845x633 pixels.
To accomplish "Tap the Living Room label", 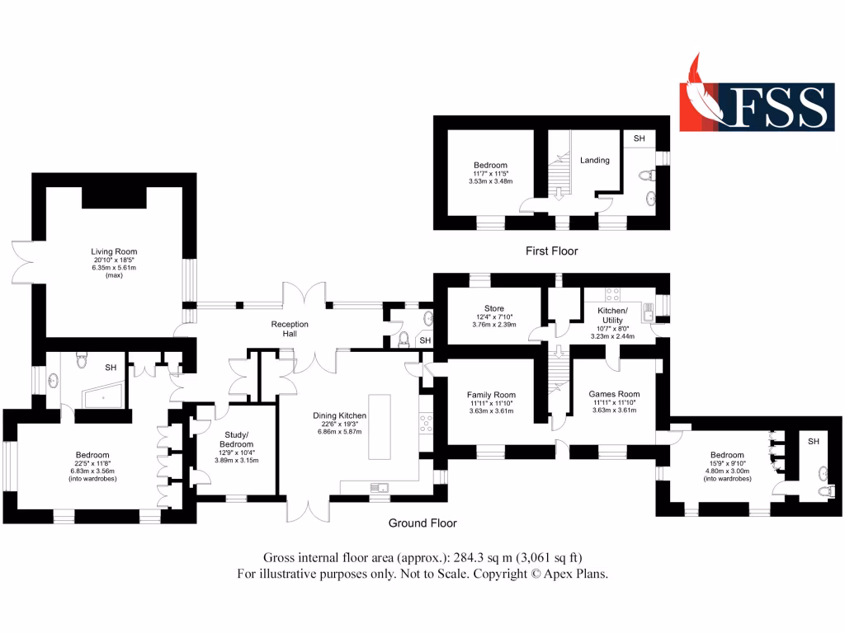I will [114, 251].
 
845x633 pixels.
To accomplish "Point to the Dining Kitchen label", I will [339, 416].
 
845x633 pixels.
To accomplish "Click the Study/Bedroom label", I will [237, 439].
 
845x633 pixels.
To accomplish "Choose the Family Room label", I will [491, 394].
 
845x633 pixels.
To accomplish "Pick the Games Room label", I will [614, 394].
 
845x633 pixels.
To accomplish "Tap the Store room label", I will [493, 308].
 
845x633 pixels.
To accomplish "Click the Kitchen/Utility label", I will [612, 316].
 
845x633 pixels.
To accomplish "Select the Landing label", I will [595, 160].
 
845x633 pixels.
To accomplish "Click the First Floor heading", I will [552, 251].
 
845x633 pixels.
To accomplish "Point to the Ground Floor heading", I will [422, 523].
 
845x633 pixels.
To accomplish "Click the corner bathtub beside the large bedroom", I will [102, 398].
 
